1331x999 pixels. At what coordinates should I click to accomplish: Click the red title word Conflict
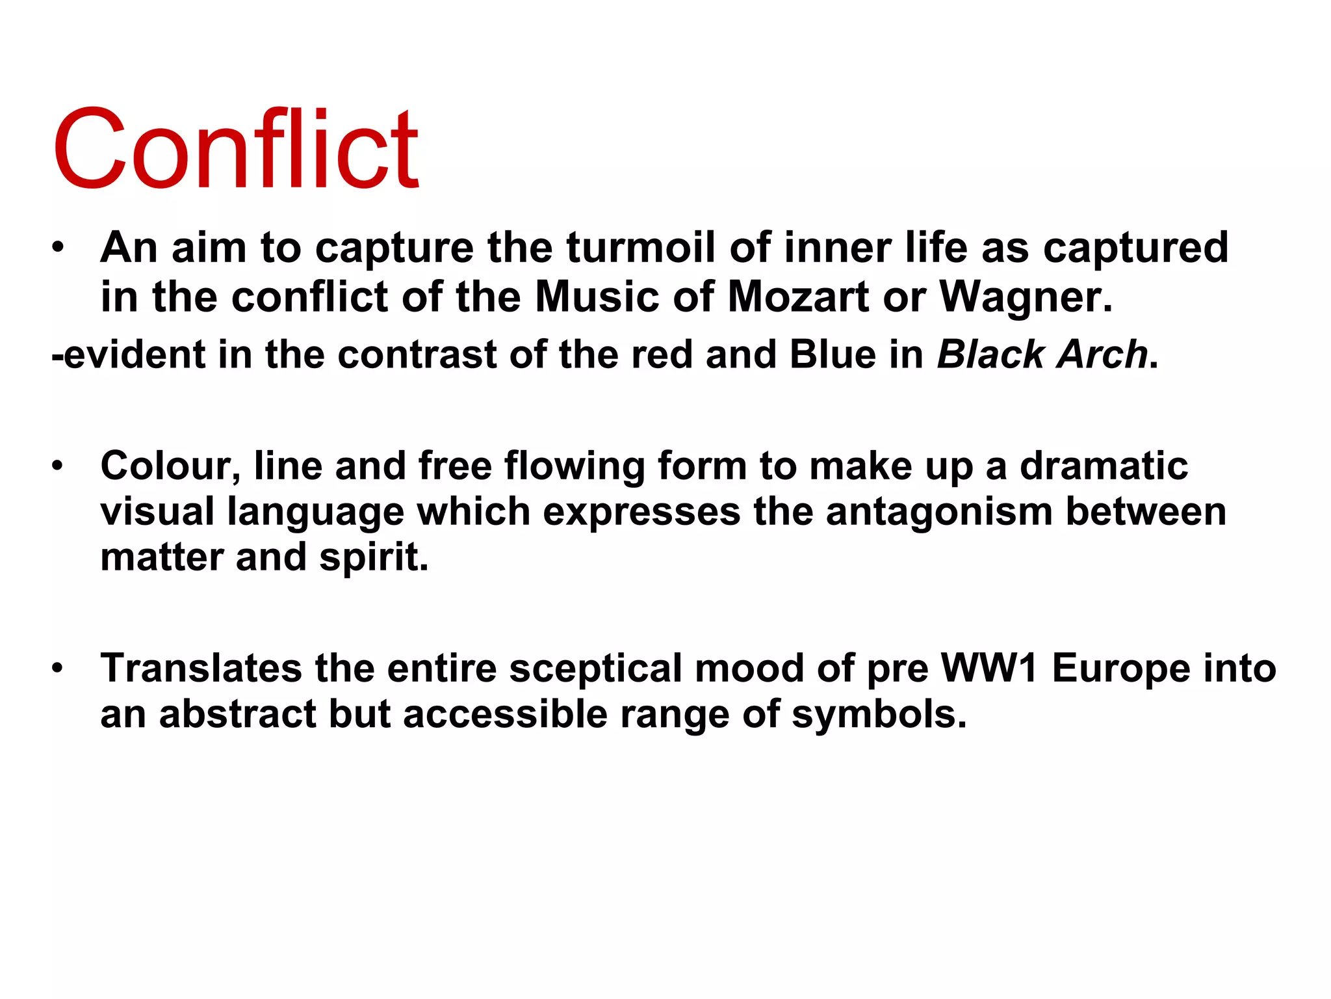pyautogui.click(x=235, y=150)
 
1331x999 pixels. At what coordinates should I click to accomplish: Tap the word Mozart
pyautogui.click(x=798, y=297)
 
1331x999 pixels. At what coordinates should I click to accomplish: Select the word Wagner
pyautogui.click(x=1026, y=297)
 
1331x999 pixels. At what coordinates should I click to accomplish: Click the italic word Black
pyautogui.click(x=990, y=355)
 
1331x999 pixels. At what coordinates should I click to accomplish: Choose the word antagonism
pyautogui.click(x=939, y=512)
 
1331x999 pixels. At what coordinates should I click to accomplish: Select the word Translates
pyautogui.click(x=201, y=669)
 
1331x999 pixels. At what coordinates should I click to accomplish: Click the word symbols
pyautogui.click(x=879, y=715)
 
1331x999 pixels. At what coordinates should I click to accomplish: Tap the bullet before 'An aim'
pyautogui.click(x=59, y=248)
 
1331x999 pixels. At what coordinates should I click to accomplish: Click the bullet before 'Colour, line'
pyautogui.click(x=59, y=466)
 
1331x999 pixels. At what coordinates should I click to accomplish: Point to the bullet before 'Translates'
pyautogui.click(x=59, y=669)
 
